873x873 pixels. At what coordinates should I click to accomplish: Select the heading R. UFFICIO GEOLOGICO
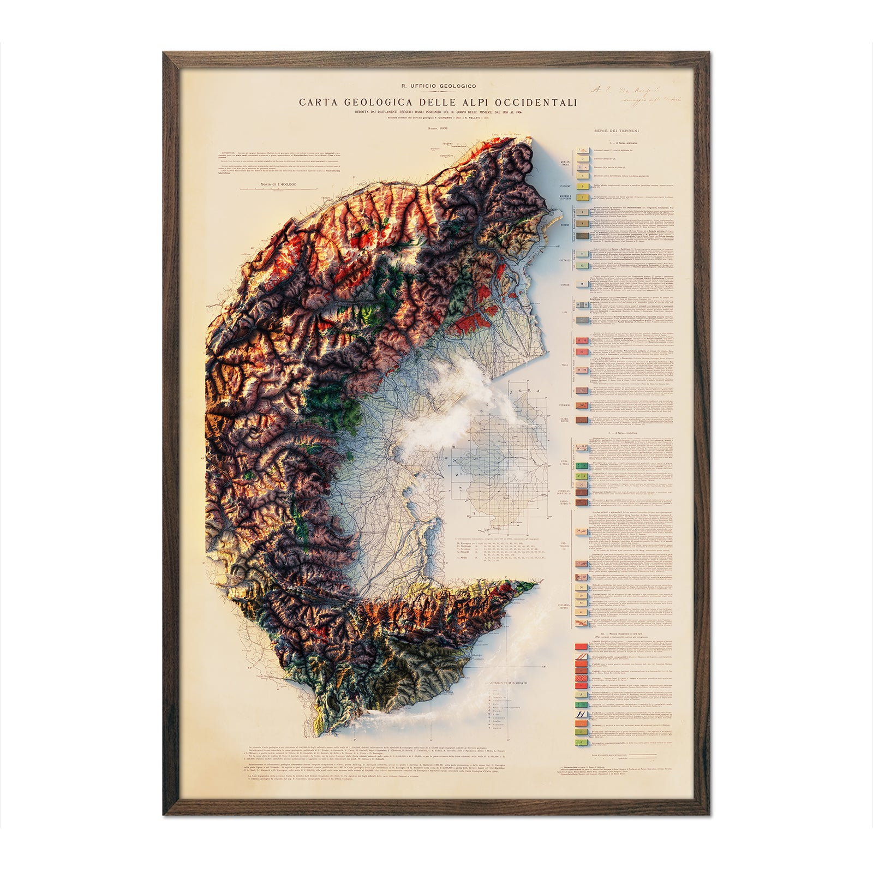click(x=438, y=86)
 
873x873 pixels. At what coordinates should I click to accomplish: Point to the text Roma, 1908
click(x=438, y=127)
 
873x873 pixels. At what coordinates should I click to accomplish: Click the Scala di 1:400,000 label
click(x=278, y=184)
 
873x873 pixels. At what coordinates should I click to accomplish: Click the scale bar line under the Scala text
click(x=278, y=189)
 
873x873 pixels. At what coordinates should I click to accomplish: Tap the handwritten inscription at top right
click(x=623, y=95)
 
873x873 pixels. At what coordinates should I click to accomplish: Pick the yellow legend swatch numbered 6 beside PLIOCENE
click(x=582, y=186)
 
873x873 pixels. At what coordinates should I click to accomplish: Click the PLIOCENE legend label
click(x=564, y=186)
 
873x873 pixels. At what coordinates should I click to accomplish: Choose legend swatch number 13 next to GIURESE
click(x=582, y=284)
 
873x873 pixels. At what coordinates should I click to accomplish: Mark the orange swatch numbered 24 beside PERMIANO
click(x=582, y=405)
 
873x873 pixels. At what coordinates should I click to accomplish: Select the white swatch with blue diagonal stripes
click(x=582, y=714)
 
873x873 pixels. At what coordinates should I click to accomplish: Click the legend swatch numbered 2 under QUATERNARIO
click(x=582, y=159)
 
